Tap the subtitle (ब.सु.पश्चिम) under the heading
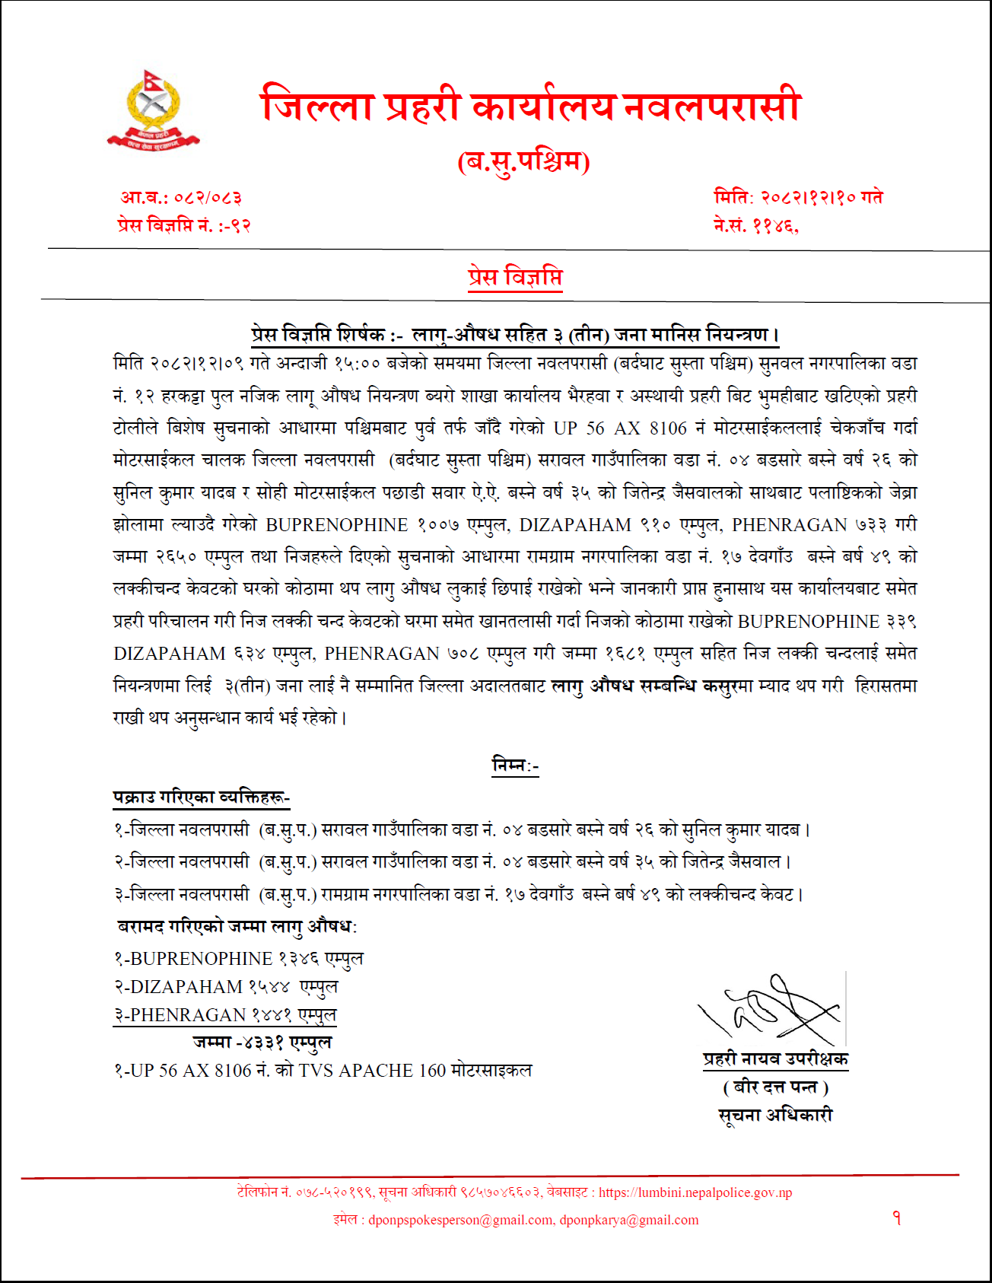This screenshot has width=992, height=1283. pyautogui.click(x=523, y=161)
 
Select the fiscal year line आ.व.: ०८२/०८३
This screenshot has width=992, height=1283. pyautogui.click(x=181, y=198)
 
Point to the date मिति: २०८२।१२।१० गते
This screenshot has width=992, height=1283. pyautogui.click(x=798, y=197)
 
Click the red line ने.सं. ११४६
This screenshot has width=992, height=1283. pyautogui.click(x=756, y=225)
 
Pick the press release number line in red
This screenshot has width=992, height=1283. pyautogui.click(x=184, y=225)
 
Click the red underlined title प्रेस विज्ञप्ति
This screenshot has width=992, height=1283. pyautogui.click(x=515, y=278)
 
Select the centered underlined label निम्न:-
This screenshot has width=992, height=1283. pyautogui.click(x=515, y=765)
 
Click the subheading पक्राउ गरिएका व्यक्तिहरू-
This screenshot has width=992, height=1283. pyautogui.click(x=202, y=797)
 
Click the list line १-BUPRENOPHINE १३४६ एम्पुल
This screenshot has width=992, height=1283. pyautogui.click(x=239, y=959)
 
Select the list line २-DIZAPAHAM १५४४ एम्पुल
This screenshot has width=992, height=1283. pyautogui.click(x=226, y=987)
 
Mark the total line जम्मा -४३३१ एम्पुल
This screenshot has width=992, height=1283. pyautogui.click(x=262, y=1043)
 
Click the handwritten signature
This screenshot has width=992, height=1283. pyautogui.click(x=770, y=1008)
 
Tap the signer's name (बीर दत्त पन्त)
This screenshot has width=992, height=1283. pyautogui.click(x=775, y=1087)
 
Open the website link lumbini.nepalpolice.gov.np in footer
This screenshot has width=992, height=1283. pyautogui.click(x=695, y=1192)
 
